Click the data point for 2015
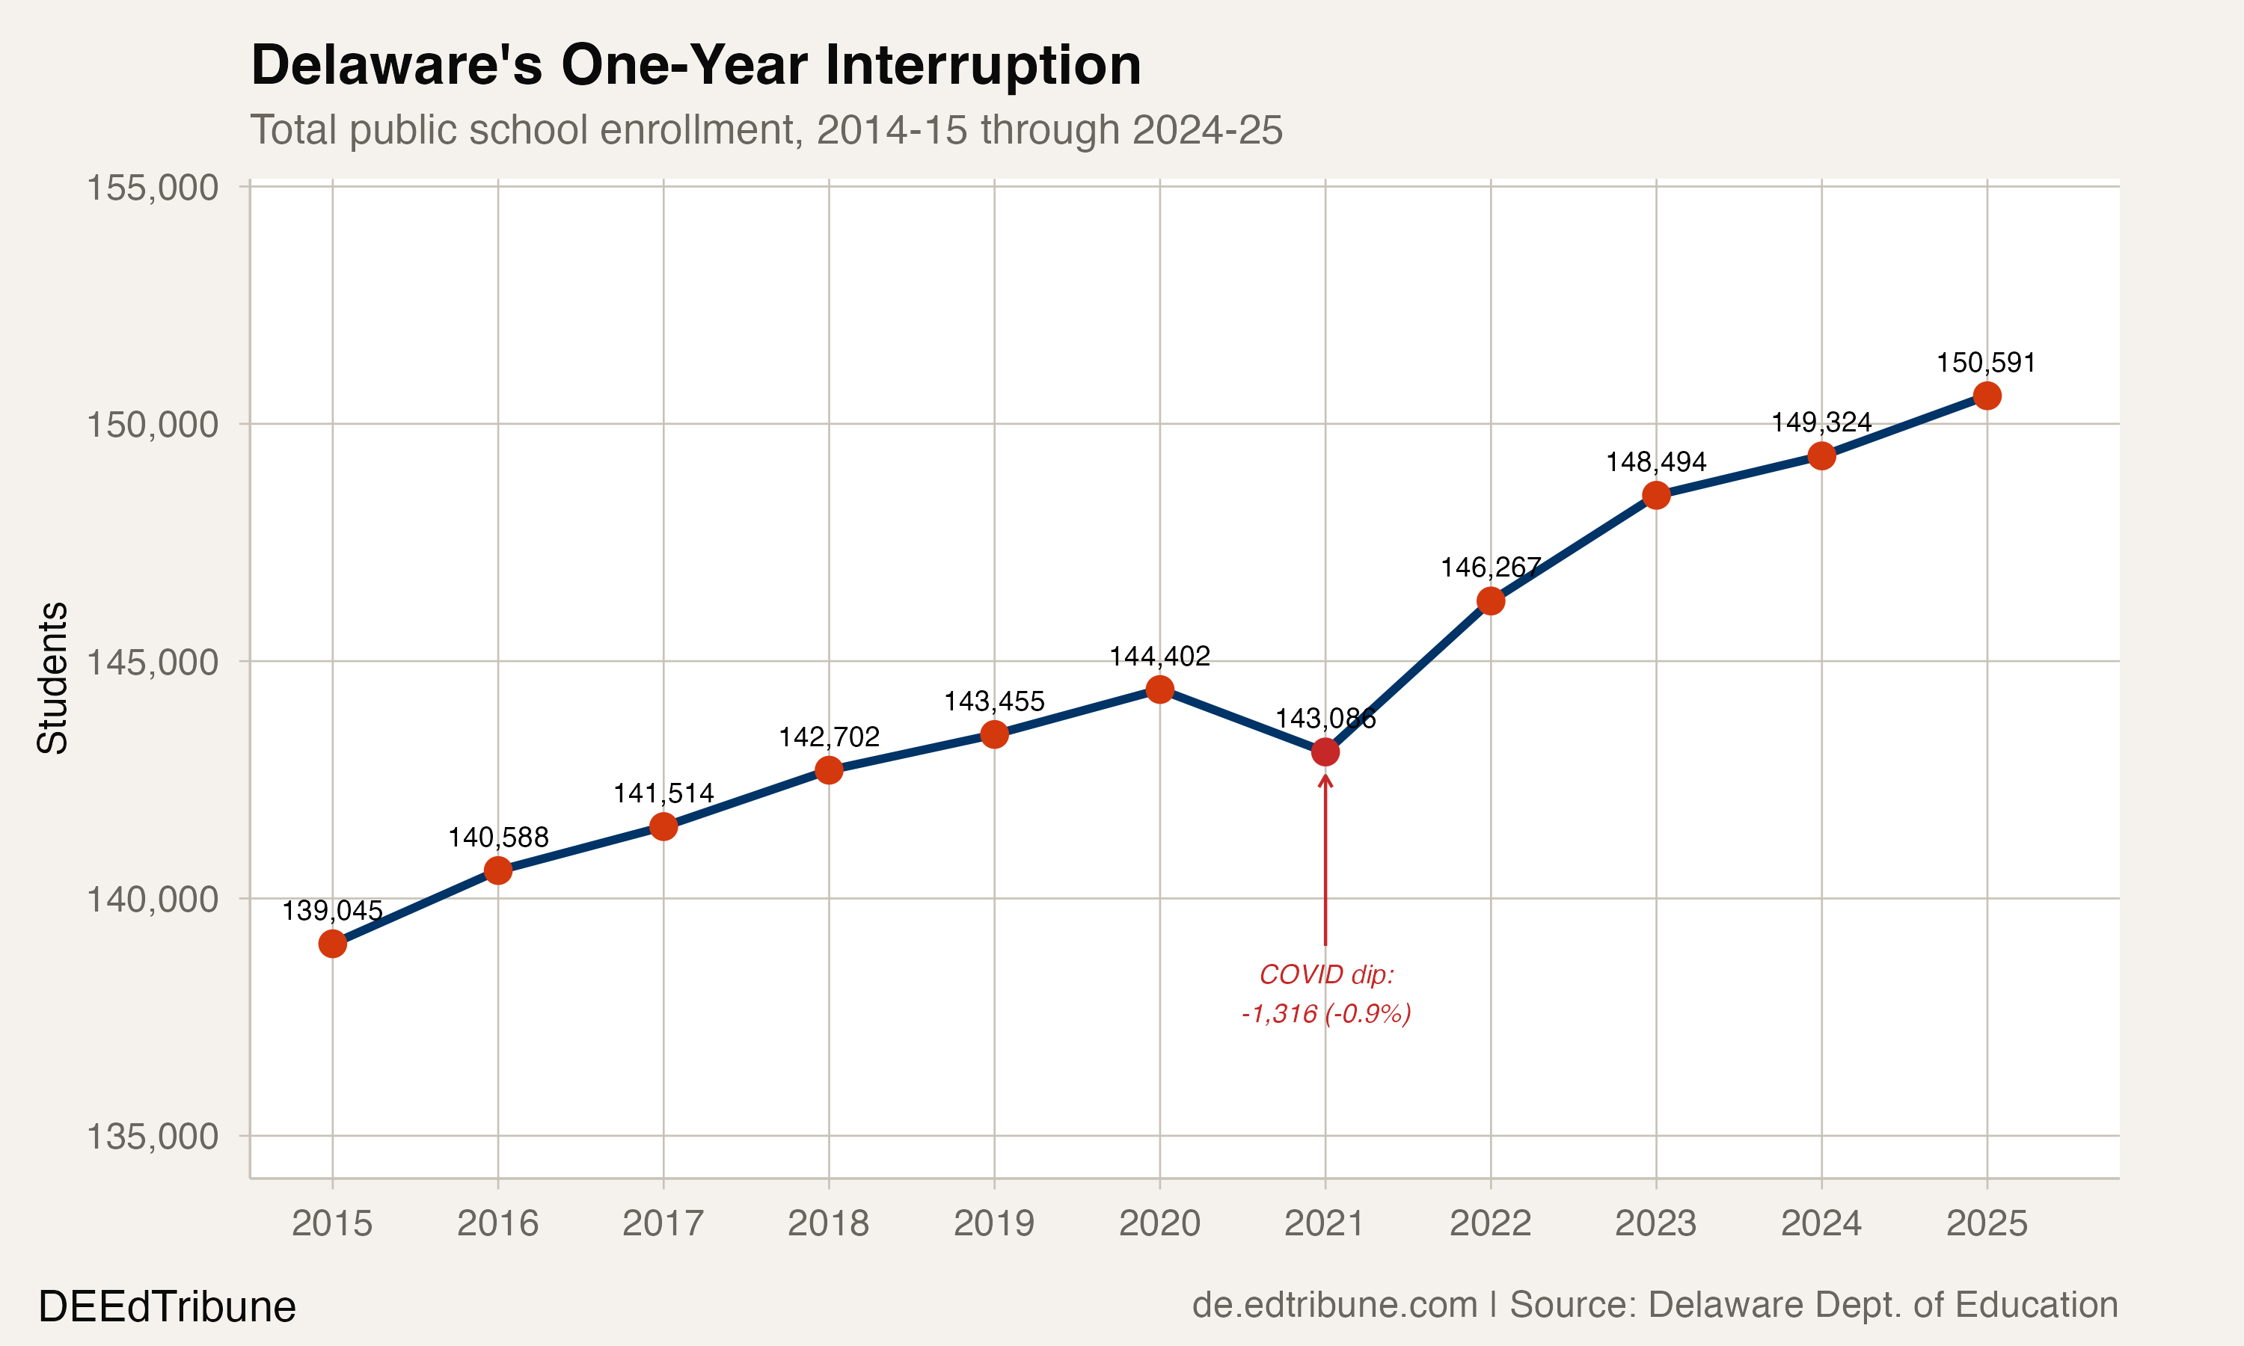pos(332,944)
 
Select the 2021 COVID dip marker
pos(1325,752)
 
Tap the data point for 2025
pos(1987,396)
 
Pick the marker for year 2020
pos(1159,689)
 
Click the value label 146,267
pos(1490,568)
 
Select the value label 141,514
pos(663,793)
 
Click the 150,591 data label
pos(1987,363)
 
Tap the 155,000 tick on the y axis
pos(153,188)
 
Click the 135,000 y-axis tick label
pos(153,1136)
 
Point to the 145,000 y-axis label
pos(153,661)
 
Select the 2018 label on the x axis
pos(828,1223)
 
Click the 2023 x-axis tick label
pos(1655,1223)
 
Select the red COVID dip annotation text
pos(1325,994)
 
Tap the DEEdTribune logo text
pos(167,1307)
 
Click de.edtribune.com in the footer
pos(1334,1304)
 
